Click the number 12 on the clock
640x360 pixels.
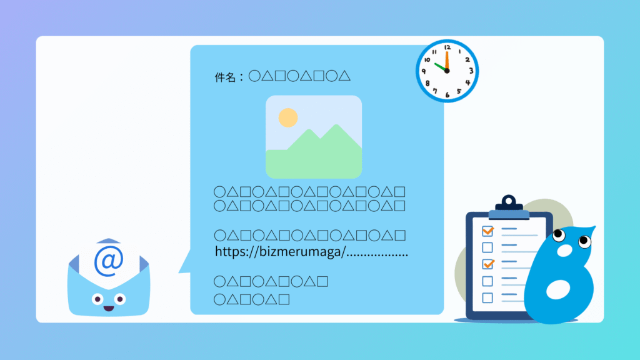point(447,47)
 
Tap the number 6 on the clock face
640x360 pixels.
point(447,95)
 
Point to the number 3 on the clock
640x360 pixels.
point(471,71)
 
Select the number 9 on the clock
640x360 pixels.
point(424,71)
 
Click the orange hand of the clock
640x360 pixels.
point(447,61)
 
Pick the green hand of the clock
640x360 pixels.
point(441,67)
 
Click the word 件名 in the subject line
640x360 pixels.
point(225,77)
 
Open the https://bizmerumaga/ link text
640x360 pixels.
point(281,251)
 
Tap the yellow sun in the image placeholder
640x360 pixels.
point(288,117)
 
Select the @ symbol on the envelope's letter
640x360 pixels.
point(109,261)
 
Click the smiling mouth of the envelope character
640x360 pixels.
point(109,309)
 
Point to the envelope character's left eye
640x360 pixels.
point(97,299)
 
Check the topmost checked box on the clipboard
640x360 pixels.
point(487,231)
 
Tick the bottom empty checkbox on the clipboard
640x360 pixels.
point(487,298)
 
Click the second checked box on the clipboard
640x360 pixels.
point(487,264)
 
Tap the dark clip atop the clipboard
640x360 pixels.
point(509,203)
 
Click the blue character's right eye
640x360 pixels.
point(584,241)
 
